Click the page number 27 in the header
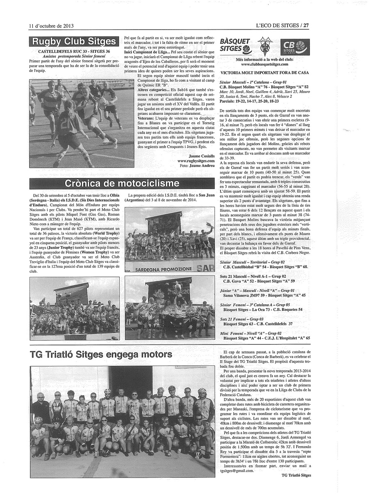306,25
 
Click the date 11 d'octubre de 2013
51,25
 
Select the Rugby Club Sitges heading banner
74,41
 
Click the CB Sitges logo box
295,47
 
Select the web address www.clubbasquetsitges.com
264,64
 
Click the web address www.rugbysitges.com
196,161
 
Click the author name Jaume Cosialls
202,156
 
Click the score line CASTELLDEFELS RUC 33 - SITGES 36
74,51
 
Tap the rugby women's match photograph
82,123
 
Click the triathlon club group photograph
122,421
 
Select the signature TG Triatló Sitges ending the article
296,475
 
